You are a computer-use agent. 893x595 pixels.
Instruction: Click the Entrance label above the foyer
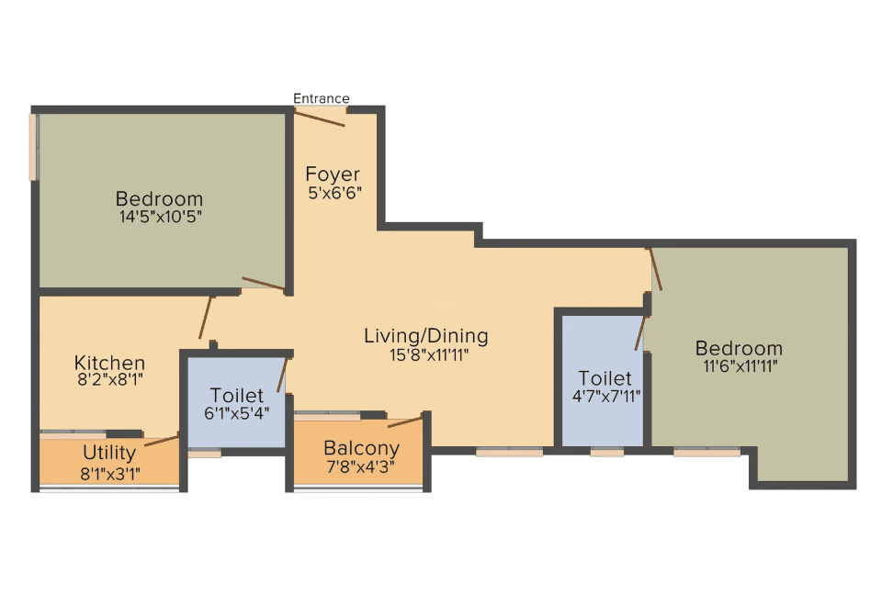coord(322,98)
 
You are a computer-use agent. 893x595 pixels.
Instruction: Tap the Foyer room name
coord(333,174)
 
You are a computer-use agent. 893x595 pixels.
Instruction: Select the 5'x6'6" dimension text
coord(334,193)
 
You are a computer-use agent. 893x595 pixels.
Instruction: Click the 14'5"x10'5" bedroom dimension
coord(160,217)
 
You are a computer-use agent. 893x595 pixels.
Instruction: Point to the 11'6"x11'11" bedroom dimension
coord(740,366)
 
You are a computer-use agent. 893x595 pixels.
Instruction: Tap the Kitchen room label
coord(109,363)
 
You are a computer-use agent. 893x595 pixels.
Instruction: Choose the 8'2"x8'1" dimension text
coord(110,379)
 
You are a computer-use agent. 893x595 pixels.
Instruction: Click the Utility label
coord(109,454)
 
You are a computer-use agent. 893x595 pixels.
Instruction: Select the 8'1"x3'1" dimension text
coord(110,474)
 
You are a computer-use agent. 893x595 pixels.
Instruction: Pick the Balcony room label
coord(362,449)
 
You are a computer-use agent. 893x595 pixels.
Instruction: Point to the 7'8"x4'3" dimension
coord(360,466)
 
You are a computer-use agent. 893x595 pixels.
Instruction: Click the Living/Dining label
coord(426,336)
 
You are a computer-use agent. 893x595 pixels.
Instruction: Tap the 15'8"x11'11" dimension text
coord(429,355)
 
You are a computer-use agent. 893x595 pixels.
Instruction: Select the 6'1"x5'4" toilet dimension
coord(237,413)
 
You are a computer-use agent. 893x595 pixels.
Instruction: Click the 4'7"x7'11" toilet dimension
coord(606,396)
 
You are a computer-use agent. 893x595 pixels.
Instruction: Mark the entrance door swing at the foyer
coord(320,118)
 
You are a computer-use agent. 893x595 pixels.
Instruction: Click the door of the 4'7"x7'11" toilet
coord(640,332)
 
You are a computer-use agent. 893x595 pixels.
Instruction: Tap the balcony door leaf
coord(405,421)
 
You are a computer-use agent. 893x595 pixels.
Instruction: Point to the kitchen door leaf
coord(205,318)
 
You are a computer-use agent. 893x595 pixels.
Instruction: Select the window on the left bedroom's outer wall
coord(34,148)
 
